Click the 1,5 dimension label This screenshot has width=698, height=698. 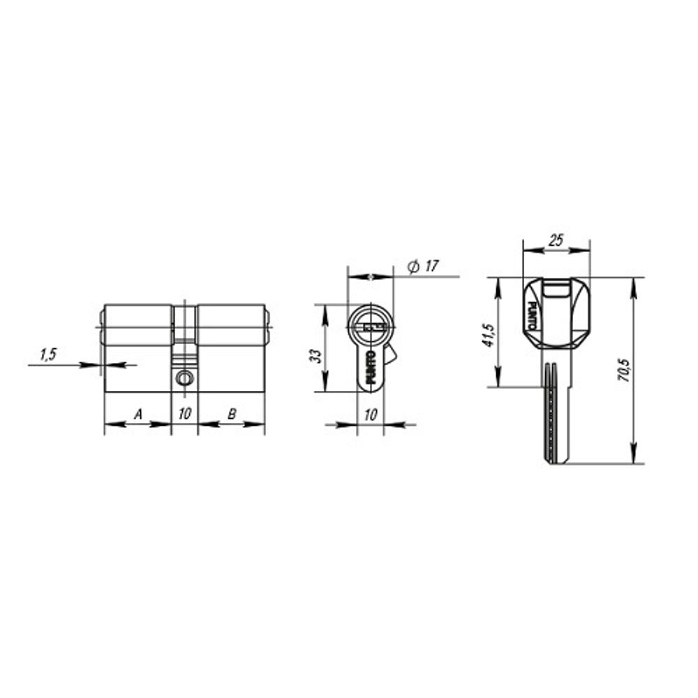(47, 355)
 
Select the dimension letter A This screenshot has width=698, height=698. (138, 415)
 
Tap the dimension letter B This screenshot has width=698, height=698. (232, 415)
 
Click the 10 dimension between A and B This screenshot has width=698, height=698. (184, 415)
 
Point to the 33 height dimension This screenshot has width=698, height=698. (316, 355)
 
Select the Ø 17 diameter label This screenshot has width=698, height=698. (423, 267)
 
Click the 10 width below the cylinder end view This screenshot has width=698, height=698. (371, 415)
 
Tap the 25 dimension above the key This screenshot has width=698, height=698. (556, 241)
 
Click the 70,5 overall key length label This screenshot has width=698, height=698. (623, 370)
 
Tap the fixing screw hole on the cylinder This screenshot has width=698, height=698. (184, 378)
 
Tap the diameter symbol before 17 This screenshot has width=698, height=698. (413, 267)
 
